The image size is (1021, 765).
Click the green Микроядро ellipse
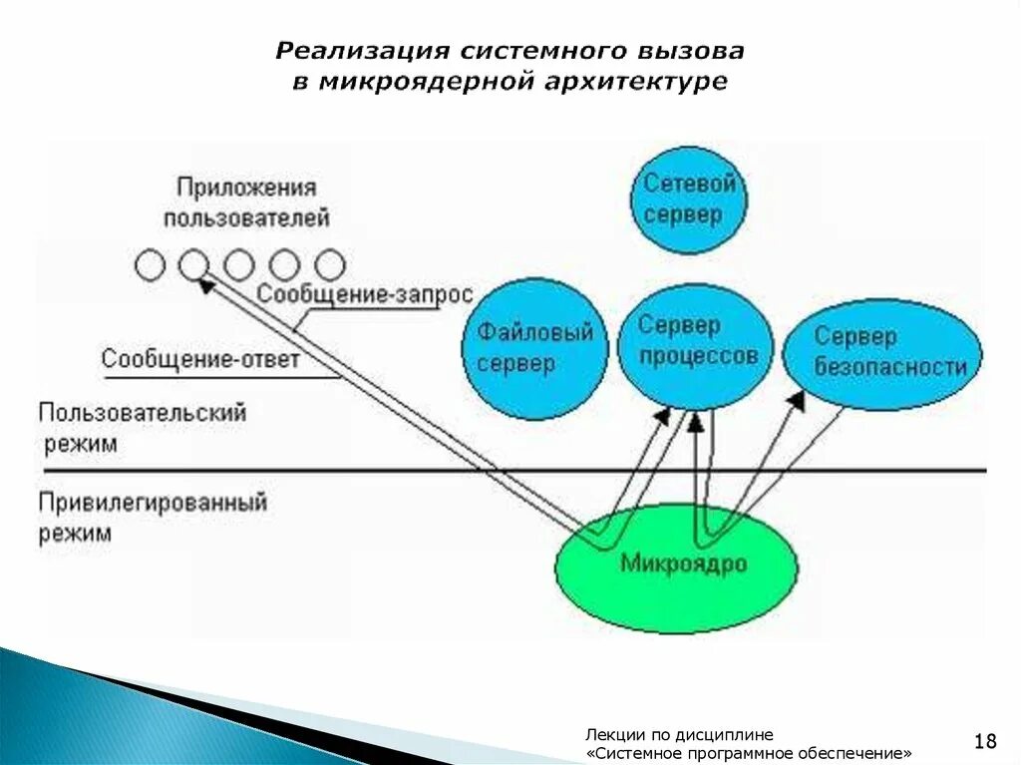[x=677, y=566]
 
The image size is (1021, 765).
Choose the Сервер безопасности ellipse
[x=882, y=353]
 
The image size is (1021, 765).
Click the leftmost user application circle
[x=150, y=265]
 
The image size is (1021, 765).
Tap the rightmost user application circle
[x=330, y=265]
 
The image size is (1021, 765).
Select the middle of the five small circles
[x=239, y=265]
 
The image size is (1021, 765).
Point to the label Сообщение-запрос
[x=364, y=295]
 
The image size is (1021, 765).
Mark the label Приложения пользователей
[x=246, y=202]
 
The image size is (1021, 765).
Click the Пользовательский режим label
[x=143, y=427]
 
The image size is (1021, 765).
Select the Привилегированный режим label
[x=153, y=517]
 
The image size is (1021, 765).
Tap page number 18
[x=985, y=740]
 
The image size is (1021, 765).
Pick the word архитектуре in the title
[x=636, y=82]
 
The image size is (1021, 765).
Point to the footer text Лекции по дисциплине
[x=679, y=733]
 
